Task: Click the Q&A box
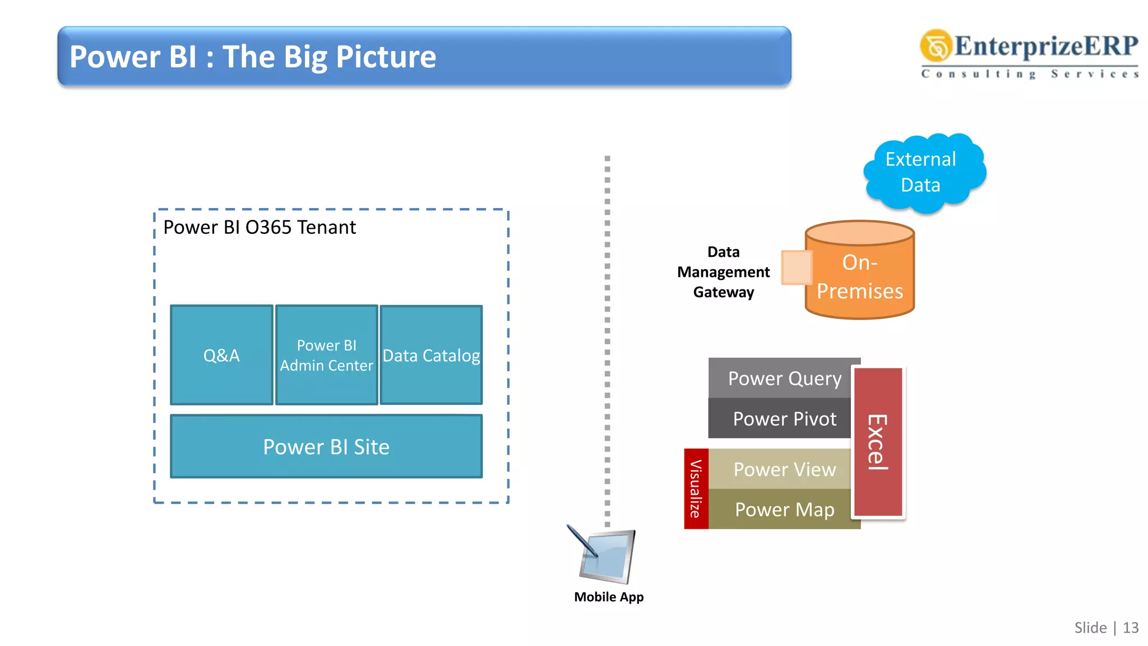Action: click(221, 355)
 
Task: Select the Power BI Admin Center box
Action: click(326, 355)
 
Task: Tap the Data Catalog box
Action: click(431, 355)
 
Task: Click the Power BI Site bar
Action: click(326, 446)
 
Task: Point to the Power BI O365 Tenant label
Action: click(259, 228)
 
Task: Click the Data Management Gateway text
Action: click(723, 272)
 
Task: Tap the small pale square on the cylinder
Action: click(796, 267)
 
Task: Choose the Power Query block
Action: click(784, 379)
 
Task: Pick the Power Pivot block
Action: click(784, 419)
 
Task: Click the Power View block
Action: click(784, 469)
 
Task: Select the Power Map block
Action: click(784, 509)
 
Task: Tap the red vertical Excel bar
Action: click(877, 442)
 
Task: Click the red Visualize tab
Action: click(696, 488)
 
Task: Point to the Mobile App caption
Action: click(609, 597)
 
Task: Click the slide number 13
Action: click(1130, 627)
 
